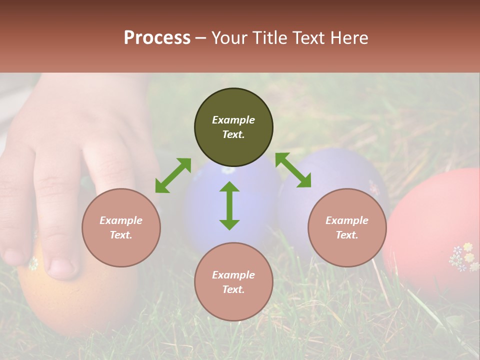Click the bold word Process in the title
[157, 38]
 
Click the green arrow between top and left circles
[173, 175]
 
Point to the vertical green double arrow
[229, 205]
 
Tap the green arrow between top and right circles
[293, 170]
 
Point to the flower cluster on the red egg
[463, 257]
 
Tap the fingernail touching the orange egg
[61, 266]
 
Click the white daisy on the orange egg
[33, 263]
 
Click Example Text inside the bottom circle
[233, 282]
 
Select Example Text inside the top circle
[233, 127]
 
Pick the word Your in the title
[229, 38]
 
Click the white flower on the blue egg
[228, 170]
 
